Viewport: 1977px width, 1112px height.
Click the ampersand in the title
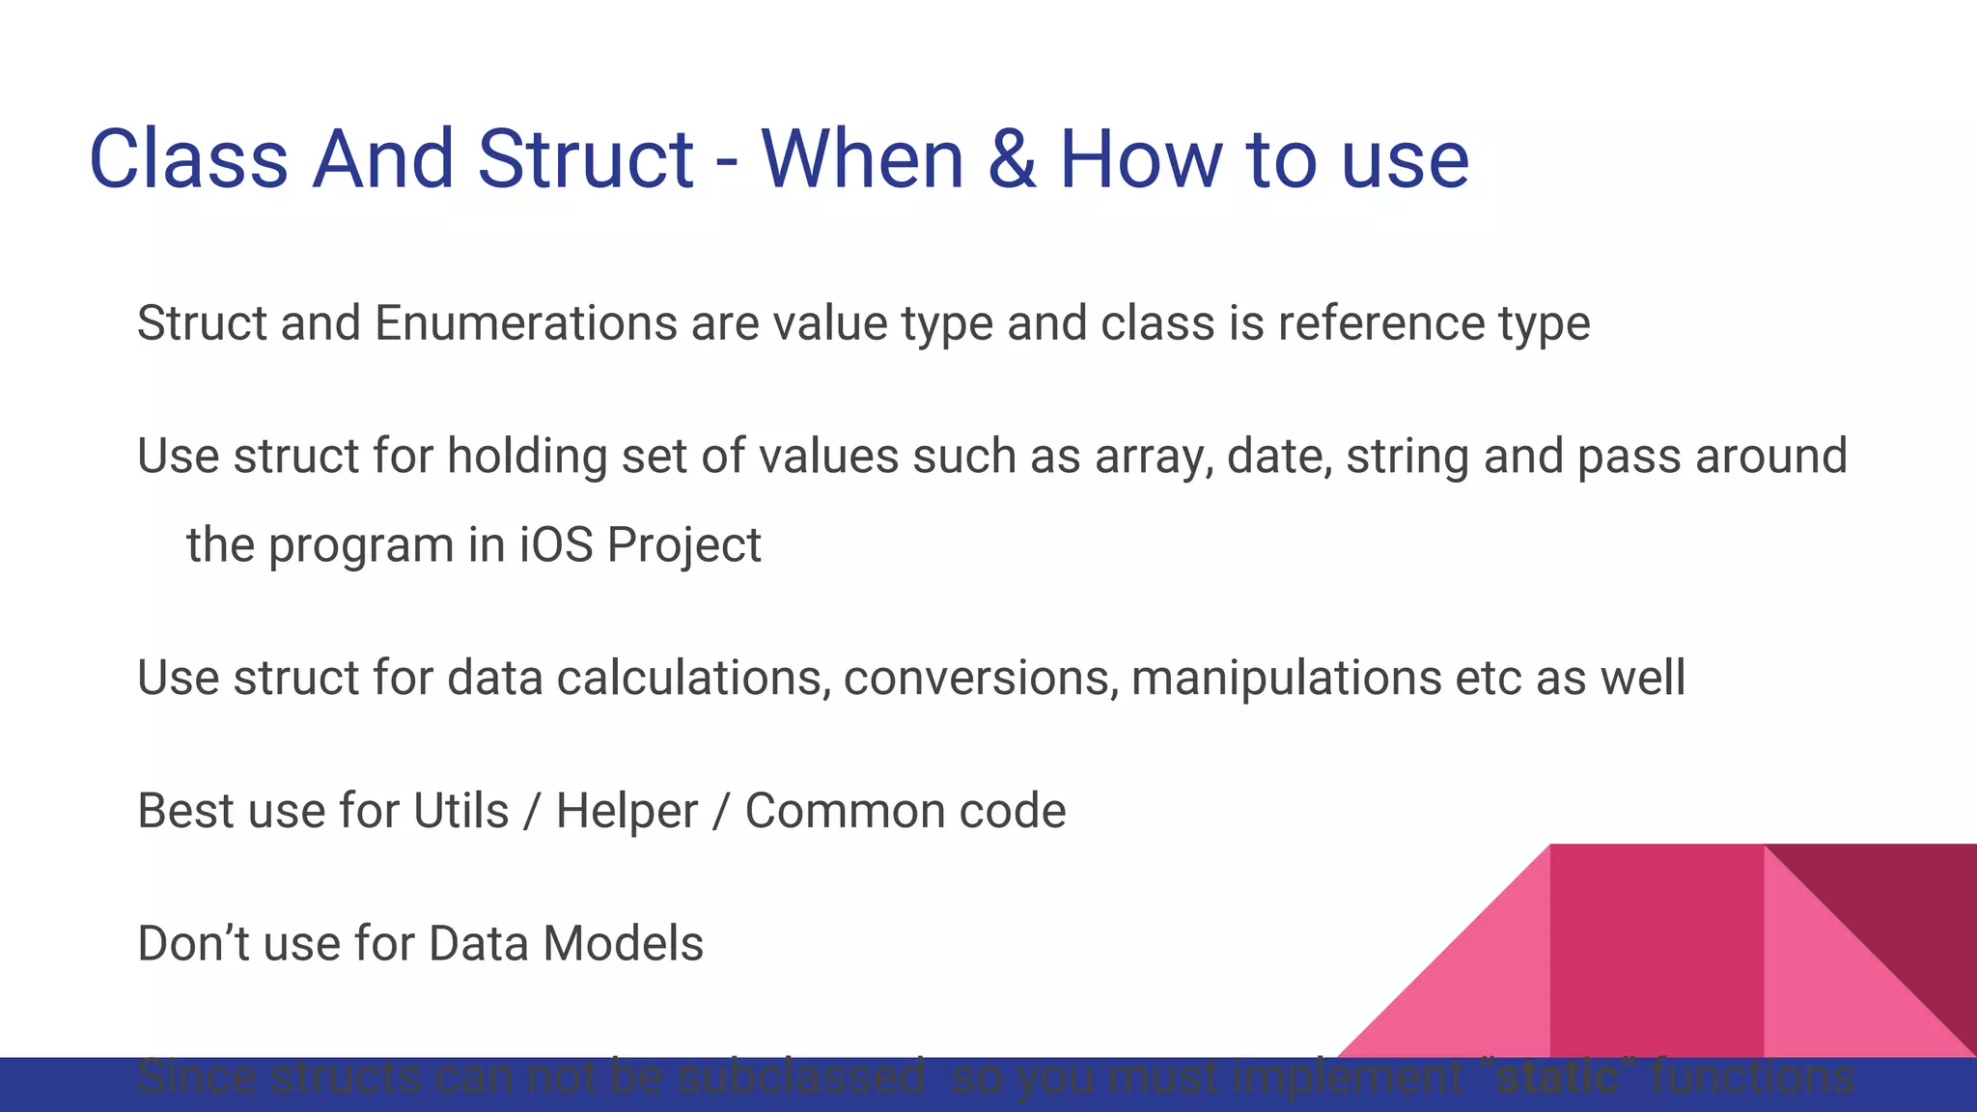click(x=1012, y=159)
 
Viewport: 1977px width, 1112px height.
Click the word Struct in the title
click(x=585, y=159)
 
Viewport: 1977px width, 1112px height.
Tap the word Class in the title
click(x=188, y=159)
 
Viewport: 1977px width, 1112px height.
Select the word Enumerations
click(x=525, y=323)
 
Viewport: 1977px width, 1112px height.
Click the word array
click(x=1153, y=458)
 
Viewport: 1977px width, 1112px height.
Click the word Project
click(x=683, y=545)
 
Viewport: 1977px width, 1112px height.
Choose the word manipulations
click(x=1286, y=678)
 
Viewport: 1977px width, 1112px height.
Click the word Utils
click(x=460, y=811)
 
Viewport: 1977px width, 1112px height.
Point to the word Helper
click(x=627, y=811)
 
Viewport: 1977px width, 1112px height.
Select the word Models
click(x=623, y=944)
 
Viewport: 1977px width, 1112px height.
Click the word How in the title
click(x=1140, y=159)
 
